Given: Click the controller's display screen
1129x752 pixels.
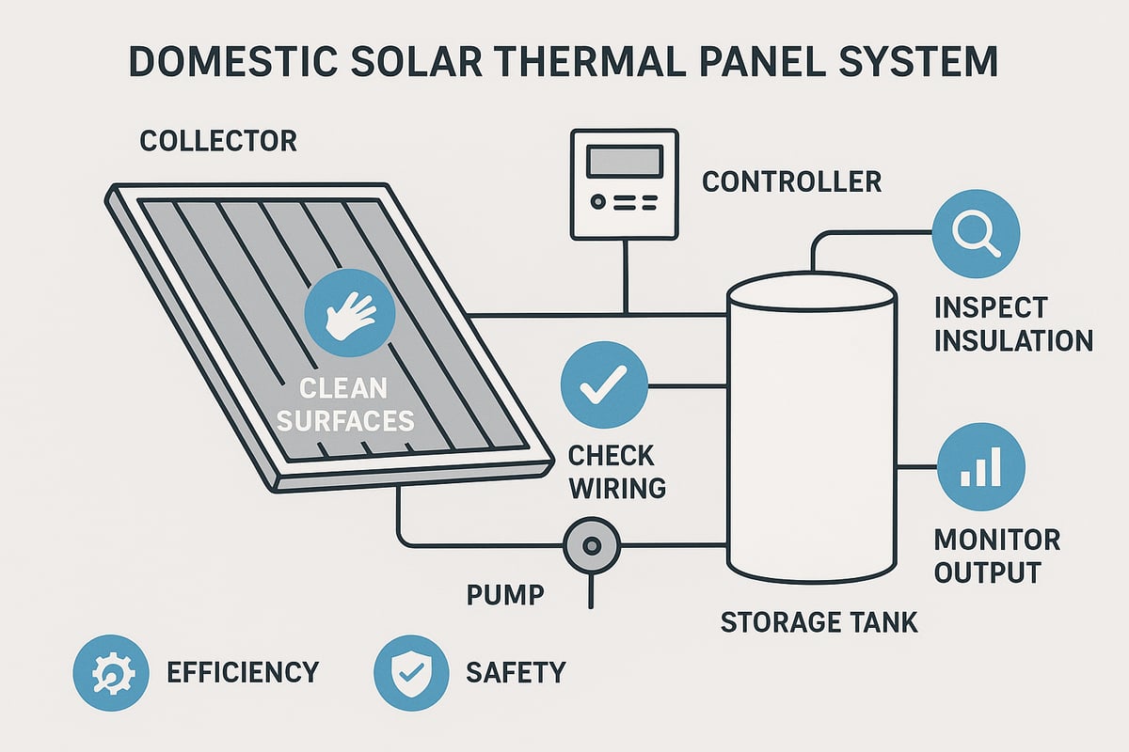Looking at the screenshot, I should click(618, 161).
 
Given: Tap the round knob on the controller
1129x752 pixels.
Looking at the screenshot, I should click(595, 202).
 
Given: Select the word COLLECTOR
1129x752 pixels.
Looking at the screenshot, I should click(218, 142).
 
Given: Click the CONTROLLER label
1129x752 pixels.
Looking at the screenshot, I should click(792, 180).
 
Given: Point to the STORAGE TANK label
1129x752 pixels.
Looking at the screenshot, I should click(819, 622).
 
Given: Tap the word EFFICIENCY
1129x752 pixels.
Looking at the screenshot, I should click(243, 672).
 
